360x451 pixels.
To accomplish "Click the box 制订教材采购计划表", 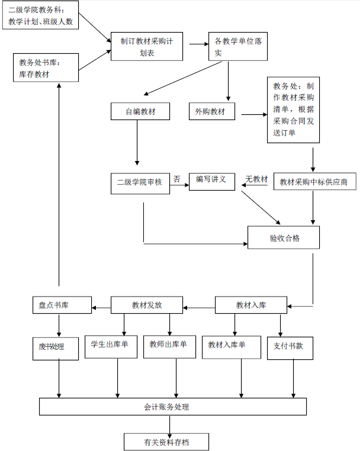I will pos(147,46).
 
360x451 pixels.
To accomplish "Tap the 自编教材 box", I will pos(140,111).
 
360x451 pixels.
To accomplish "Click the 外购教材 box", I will pos(211,111).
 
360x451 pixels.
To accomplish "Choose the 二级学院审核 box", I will pos(140,183).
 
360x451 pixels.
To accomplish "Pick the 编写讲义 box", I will pos(211,181).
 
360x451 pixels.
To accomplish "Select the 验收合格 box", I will pos(284,238).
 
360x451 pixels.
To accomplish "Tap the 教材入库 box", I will pos(251,305).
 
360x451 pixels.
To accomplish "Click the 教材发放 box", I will pos(147,305).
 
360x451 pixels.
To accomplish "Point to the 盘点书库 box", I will pos(62,305).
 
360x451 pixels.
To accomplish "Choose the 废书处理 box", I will pos(56,347).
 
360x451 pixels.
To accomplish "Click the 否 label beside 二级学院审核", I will pos(176,178).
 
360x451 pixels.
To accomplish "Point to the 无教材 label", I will pos(256,179).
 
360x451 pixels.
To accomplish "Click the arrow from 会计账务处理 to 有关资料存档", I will pos(170,424).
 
